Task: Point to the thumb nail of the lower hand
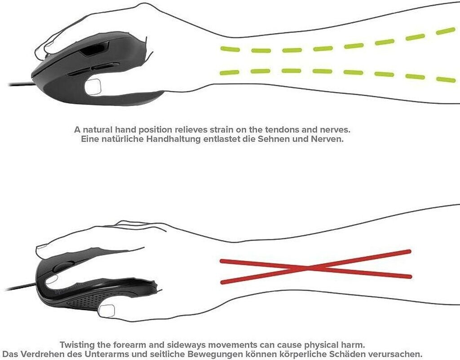coord(107,310)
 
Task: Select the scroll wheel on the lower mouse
coord(58,267)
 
